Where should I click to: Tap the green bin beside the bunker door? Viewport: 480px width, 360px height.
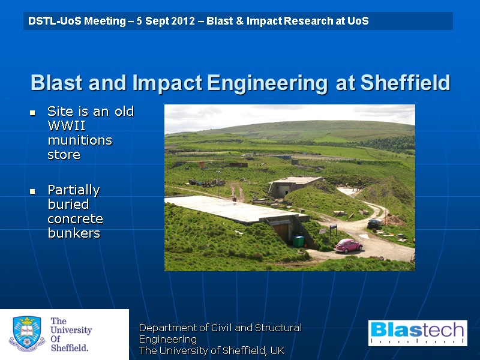coord(298,241)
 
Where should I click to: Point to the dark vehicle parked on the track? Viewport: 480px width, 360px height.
coord(375,223)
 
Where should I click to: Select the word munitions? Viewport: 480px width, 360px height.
coord(80,140)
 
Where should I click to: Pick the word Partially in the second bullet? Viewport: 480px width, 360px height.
coord(74,190)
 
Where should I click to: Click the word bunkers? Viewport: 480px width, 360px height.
coord(74,233)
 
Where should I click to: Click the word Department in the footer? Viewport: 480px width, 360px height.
coord(169,328)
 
